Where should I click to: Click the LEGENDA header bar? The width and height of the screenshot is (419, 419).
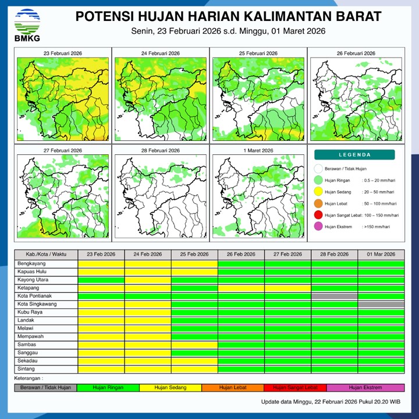point(355,155)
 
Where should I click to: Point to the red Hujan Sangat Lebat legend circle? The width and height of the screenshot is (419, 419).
point(318,215)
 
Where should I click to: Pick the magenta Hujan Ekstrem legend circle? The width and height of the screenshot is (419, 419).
point(318,226)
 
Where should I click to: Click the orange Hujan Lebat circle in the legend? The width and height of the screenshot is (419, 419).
point(318,203)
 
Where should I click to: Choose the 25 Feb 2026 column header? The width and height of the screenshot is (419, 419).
point(194,254)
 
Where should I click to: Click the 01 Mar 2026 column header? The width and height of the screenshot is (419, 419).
point(381,254)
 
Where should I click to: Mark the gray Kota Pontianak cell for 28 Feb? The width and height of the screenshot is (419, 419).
point(335,296)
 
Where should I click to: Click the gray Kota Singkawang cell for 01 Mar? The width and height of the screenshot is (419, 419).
point(381,304)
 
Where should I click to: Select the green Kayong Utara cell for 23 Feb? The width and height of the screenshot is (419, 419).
point(101,280)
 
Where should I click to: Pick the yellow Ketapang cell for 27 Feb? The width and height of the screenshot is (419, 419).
point(287,288)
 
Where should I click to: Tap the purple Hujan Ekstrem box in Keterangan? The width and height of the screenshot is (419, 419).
point(365,387)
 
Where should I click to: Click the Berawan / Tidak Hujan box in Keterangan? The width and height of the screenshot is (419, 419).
point(45,387)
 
